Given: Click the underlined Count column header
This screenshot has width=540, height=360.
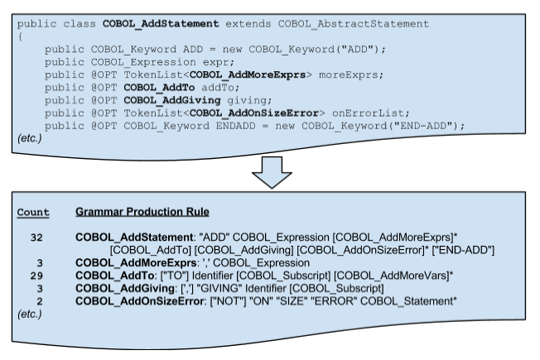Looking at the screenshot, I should click(33, 212).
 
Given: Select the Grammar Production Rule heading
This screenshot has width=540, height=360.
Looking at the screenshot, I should click(142, 212).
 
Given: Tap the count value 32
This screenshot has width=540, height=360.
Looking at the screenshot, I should click(36, 238).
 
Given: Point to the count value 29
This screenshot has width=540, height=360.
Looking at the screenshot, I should click(36, 275).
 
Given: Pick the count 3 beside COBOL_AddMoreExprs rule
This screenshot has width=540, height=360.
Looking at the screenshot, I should click(39, 262).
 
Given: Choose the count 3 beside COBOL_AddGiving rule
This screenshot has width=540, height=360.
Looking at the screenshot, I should click(39, 287).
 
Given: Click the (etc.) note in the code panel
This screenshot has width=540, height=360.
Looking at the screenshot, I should click(31, 138).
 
